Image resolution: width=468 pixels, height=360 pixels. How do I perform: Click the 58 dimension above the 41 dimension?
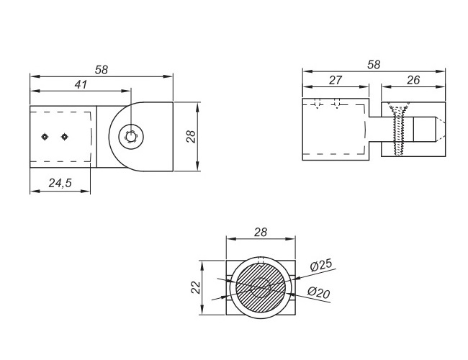(102, 70)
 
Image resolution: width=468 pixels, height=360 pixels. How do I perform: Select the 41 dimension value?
(81, 84)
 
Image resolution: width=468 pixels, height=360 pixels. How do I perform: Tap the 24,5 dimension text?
(60, 183)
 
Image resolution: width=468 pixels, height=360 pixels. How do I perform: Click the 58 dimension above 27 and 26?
(374, 65)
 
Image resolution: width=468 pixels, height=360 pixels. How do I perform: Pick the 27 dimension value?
(336, 80)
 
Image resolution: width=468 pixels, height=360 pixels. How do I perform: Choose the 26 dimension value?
(413, 80)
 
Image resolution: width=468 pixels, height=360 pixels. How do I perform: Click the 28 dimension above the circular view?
(261, 232)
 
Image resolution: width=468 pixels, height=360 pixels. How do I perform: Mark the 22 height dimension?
(196, 288)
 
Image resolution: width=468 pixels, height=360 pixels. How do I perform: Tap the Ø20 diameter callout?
(319, 292)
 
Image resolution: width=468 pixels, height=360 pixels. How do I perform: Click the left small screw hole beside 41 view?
(45, 137)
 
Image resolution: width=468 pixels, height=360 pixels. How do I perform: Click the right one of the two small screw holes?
(64, 137)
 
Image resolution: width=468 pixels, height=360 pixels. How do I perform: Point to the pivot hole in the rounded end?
(131, 137)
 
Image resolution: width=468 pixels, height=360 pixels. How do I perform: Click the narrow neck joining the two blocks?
(376, 129)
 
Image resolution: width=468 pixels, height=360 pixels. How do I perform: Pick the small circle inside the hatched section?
(261, 287)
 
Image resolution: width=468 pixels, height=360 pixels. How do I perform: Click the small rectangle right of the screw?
(424, 129)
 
